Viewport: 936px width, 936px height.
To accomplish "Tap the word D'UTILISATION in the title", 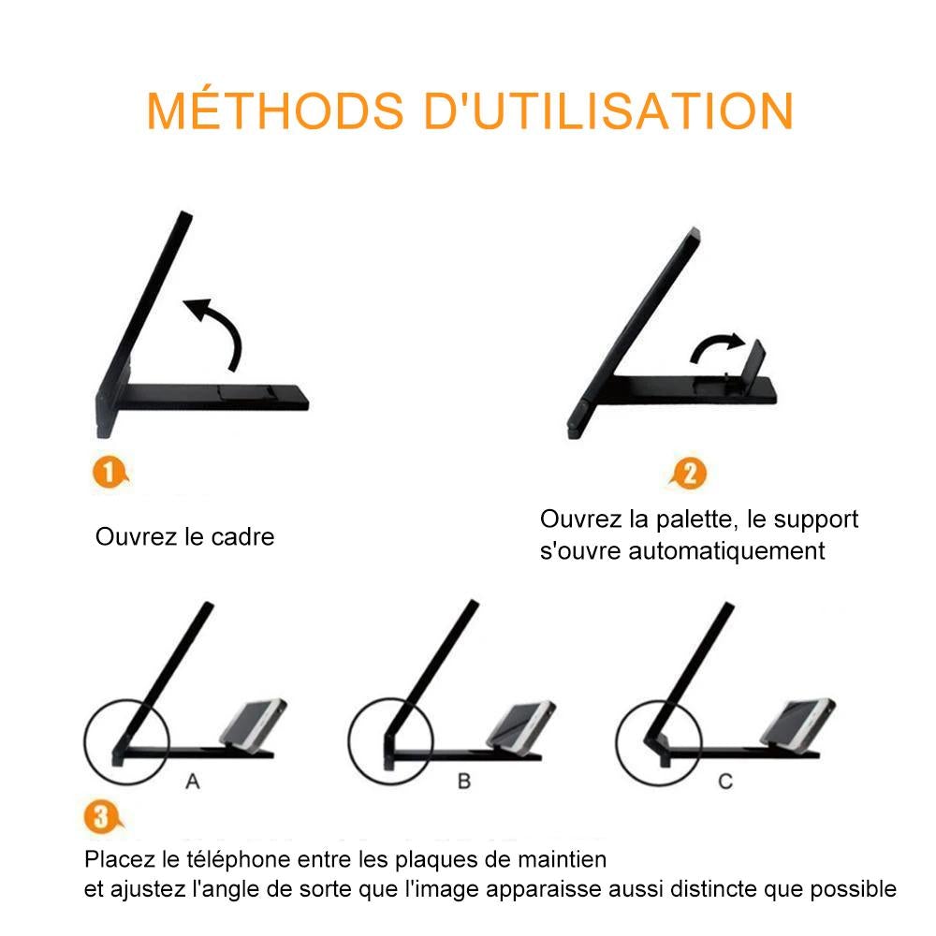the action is (608, 111).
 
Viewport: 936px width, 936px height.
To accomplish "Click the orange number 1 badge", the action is (110, 472).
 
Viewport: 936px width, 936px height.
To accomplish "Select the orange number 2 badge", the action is (689, 474).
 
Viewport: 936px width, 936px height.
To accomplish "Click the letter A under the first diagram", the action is (192, 781).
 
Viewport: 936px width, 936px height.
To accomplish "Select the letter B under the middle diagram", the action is (464, 781).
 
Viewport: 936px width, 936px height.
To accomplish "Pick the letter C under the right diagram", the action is (725, 781).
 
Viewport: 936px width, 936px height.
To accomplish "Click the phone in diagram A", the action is (253, 724).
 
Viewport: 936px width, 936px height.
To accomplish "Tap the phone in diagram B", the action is (521, 724).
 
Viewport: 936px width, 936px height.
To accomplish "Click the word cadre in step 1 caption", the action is (242, 536).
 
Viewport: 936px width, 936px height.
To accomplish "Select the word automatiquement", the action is (726, 550).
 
